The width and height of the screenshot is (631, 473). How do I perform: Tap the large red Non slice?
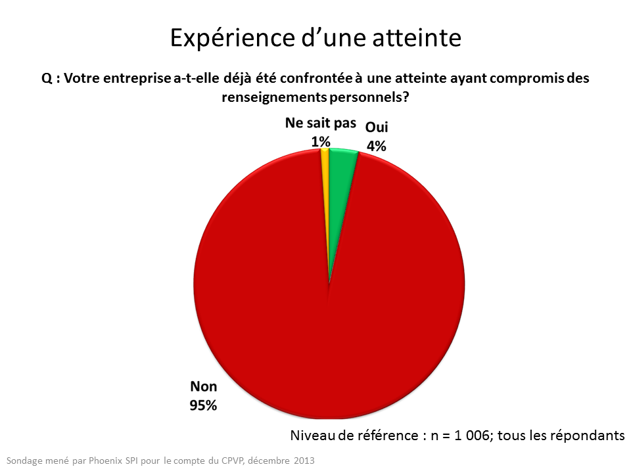[x=329, y=315]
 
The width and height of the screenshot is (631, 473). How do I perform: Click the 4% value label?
[x=376, y=146]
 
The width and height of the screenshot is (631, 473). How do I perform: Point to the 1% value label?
[x=321, y=141]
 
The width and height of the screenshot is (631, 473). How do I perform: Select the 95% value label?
[x=203, y=405]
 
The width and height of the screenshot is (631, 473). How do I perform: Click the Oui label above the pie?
[x=376, y=127]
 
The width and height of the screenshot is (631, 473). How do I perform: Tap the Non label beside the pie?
[x=203, y=386]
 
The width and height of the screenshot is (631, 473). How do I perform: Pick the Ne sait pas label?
[x=321, y=124]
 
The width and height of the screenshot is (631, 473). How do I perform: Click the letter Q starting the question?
[x=46, y=79]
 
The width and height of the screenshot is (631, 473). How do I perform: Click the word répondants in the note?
[x=590, y=435]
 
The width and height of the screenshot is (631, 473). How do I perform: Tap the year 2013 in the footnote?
[x=304, y=461]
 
